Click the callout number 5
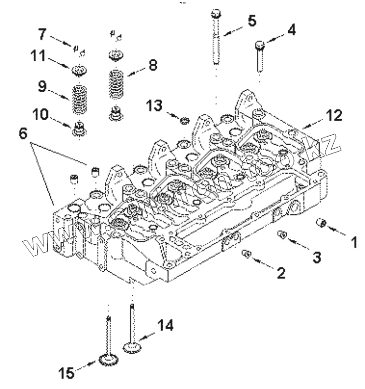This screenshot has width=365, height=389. pos(252,21)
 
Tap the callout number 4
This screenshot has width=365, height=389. pos(292,30)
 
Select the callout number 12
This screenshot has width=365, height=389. pos(334,115)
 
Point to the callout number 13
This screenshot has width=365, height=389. pos(154,106)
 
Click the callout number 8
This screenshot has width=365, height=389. pos(153,66)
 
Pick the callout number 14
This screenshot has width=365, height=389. pos(165,325)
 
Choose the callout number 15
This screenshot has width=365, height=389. pos(67,373)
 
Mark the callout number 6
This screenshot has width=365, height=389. pos(23,134)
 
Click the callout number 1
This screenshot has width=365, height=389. pos(354,242)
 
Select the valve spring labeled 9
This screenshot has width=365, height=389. pos(79,99)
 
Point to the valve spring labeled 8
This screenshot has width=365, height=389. pos(116,84)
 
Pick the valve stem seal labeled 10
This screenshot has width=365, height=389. pos(79,129)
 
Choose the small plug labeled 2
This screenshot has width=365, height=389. pos(247,253)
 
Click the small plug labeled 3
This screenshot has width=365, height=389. pos(282,234)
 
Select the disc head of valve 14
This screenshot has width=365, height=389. pos(132,347)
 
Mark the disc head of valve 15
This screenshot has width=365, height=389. pos(109,360)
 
